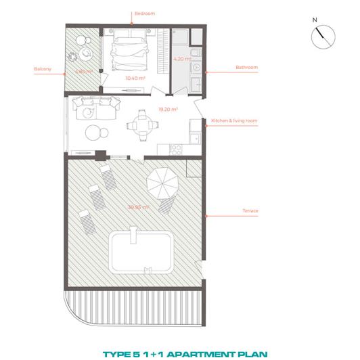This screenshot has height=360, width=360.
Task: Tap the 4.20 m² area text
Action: [x=181, y=60]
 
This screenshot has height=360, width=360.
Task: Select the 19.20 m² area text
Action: [x=167, y=109]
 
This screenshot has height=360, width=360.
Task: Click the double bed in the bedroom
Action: [x=135, y=51]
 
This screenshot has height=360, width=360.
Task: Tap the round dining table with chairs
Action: [x=141, y=125]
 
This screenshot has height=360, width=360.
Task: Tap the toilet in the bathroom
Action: [x=196, y=68]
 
